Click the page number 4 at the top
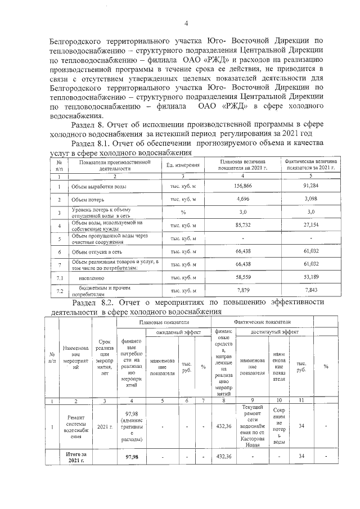(x=186, y=23)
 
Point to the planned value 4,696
(x=242, y=199)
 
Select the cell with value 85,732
(x=242, y=226)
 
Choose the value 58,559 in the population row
(x=242, y=277)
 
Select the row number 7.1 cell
(x=58, y=278)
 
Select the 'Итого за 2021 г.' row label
(x=75, y=457)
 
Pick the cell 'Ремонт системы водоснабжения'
(x=75, y=427)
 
